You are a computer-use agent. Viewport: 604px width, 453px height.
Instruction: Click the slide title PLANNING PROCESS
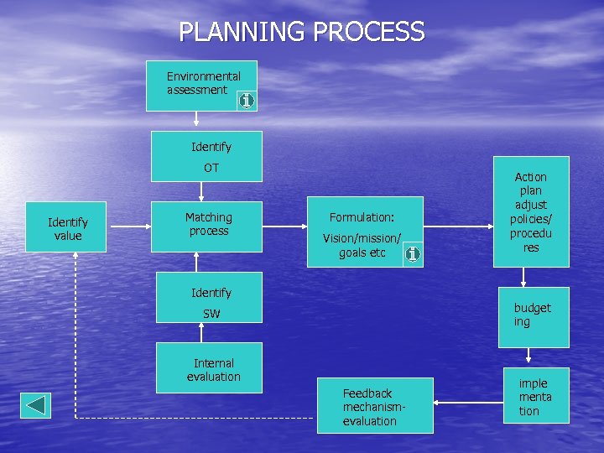click(301, 32)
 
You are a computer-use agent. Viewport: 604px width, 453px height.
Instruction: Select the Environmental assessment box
click(201, 85)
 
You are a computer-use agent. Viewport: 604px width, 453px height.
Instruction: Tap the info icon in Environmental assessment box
click(246, 101)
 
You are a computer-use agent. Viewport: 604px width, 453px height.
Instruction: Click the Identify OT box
click(206, 156)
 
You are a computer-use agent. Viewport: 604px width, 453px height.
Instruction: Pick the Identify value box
click(66, 226)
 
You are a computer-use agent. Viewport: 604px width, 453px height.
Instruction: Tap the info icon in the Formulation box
click(411, 253)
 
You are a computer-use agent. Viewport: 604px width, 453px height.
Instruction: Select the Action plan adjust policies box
click(530, 211)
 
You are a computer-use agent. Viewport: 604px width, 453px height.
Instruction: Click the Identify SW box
click(206, 302)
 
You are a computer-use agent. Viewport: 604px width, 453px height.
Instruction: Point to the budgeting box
click(533, 316)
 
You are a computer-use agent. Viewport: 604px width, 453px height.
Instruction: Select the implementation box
click(535, 395)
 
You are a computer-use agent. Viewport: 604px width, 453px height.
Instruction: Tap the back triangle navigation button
click(36, 405)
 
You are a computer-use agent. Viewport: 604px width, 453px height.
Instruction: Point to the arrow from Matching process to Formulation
click(284, 226)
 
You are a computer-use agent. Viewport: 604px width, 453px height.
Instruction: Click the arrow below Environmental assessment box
click(197, 120)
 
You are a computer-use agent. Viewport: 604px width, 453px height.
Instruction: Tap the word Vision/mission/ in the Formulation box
click(362, 238)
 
